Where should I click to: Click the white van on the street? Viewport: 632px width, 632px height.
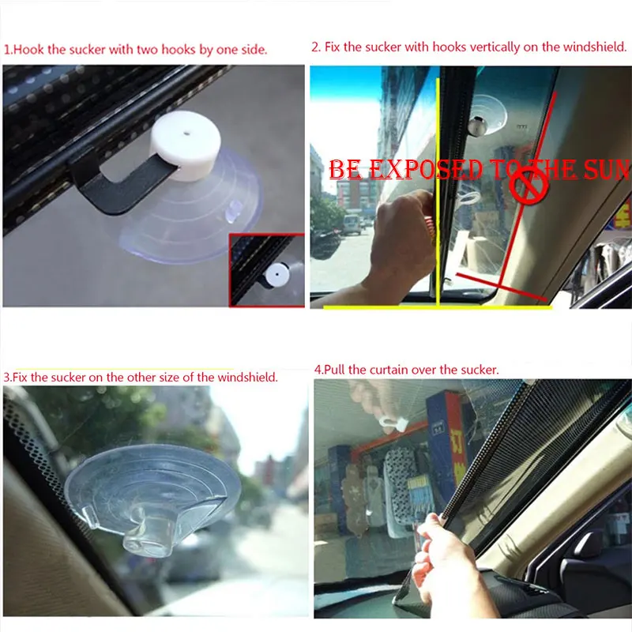tap(352, 223)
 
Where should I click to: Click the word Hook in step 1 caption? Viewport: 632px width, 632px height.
tap(28, 49)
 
